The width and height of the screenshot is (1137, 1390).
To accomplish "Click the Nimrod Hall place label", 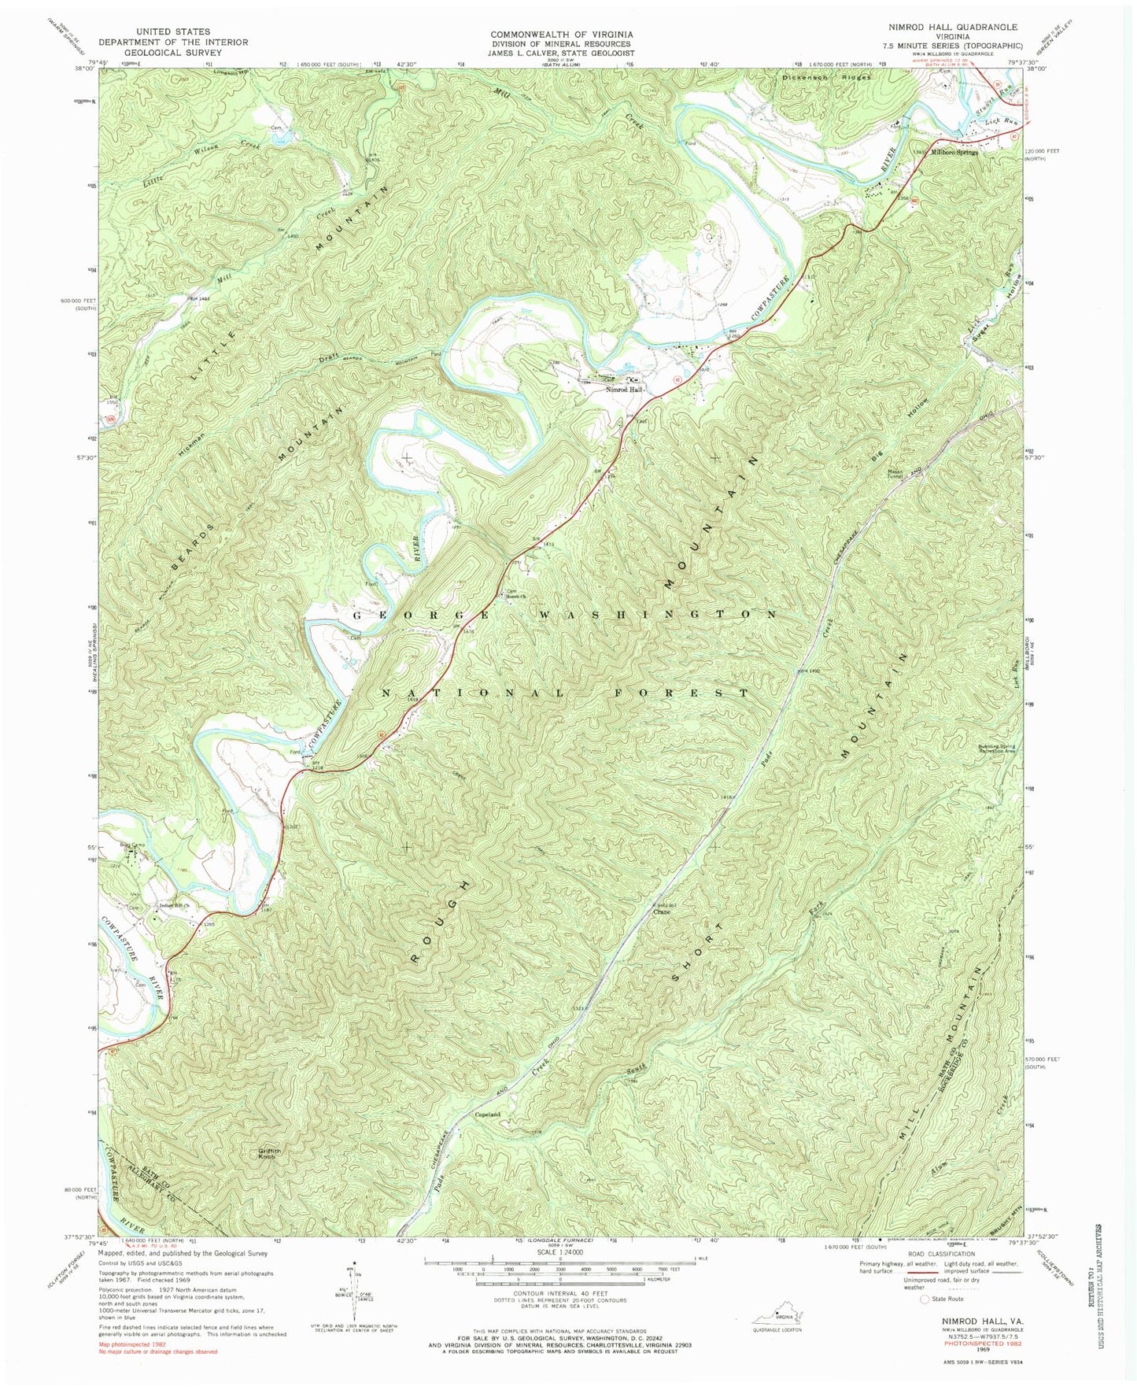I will (625, 390).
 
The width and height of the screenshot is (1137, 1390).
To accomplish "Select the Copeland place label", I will (487, 1115).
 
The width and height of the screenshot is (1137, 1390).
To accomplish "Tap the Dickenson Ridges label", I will (826, 78).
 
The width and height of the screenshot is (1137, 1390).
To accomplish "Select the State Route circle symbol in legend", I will (925, 1322).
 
